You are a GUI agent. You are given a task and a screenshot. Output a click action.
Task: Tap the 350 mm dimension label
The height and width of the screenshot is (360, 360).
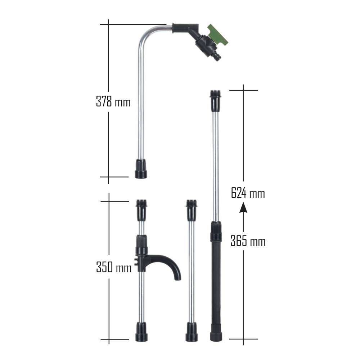click(x=113, y=267)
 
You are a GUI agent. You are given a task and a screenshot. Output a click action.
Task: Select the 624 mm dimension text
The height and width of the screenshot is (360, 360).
click(x=248, y=194)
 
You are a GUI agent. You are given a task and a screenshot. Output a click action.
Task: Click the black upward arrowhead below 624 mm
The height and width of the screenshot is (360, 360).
click(x=243, y=207)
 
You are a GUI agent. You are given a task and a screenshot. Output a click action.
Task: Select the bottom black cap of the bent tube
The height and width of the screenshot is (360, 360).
click(x=141, y=169)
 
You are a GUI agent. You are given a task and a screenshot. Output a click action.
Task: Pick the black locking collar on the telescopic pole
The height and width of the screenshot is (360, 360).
click(x=216, y=231)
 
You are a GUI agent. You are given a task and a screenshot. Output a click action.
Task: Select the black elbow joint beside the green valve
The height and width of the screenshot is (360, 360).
click(x=187, y=28)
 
